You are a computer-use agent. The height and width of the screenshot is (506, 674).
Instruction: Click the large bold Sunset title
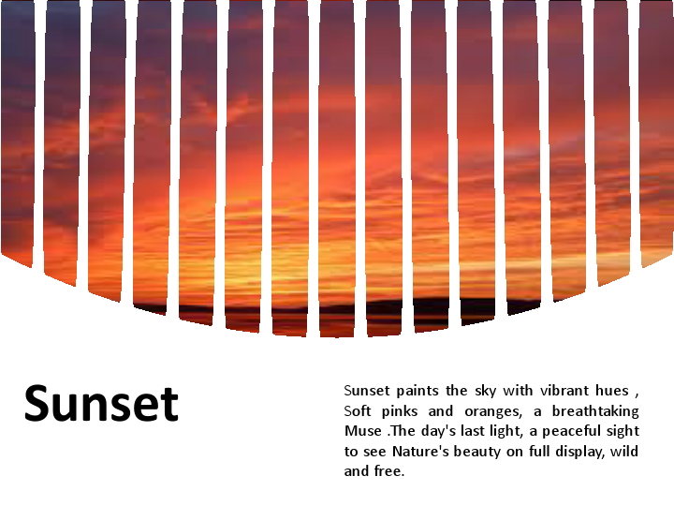tap(101, 404)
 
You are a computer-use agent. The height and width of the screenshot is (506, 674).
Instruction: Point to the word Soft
tap(358, 411)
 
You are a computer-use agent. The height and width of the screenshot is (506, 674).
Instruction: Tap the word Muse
tap(362, 432)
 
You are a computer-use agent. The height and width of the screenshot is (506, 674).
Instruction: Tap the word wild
tap(624, 452)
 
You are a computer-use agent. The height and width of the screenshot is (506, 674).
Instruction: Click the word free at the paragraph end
tap(388, 471)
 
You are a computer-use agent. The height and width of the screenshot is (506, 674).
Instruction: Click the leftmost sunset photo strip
tap(17, 131)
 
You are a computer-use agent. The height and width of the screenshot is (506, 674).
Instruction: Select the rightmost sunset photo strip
tap(656, 131)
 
